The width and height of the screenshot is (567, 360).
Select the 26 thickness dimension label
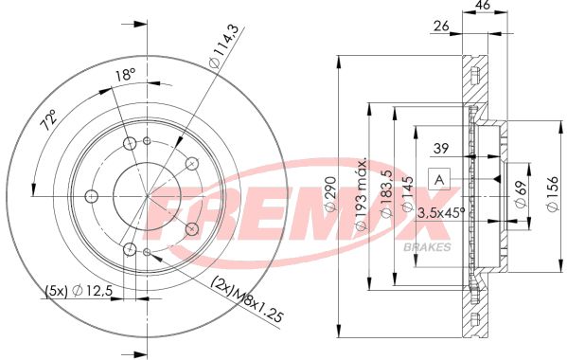pyautogui.click(x=441, y=26)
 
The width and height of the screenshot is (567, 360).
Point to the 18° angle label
pyautogui.click(x=124, y=74)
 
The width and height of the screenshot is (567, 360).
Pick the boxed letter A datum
pyautogui.click(x=439, y=179)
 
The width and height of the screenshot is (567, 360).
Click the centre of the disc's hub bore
pyautogui.click(x=148, y=196)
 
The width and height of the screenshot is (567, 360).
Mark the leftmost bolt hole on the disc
pyautogui.click(x=92, y=196)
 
